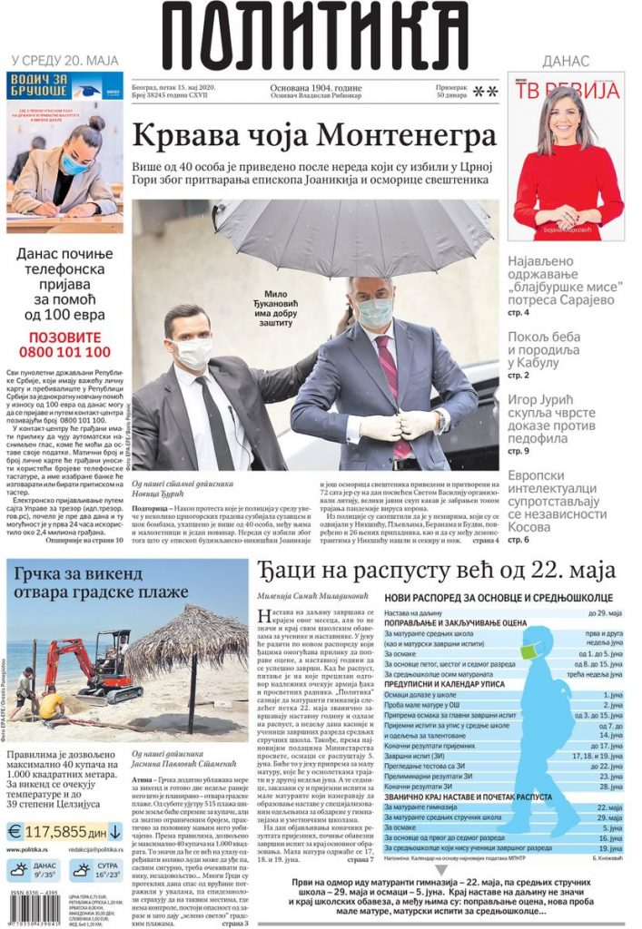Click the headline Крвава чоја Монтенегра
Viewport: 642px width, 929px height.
tap(314, 136)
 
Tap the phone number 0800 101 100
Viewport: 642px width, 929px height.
tap(63, 352)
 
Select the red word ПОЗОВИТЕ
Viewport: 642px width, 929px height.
tap(63, 333)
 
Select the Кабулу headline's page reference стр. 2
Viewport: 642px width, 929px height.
tap(519, 375)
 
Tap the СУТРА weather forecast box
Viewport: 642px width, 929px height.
tap(94, 872)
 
